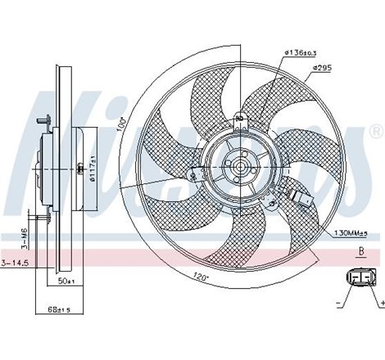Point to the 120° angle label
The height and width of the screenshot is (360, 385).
point(202,277)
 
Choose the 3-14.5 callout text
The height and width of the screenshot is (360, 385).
point(15,262)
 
